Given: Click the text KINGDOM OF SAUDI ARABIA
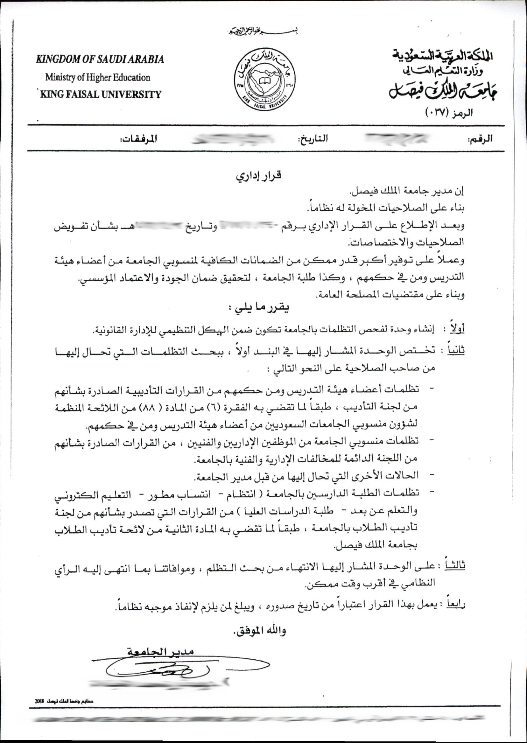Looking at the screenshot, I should click(x=100, y=60).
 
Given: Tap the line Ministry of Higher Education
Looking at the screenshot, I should click(x=98, y=78).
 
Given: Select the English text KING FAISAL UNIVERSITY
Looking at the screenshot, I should click(x=101, y=95).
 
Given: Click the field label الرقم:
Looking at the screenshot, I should click(x=480, y=139).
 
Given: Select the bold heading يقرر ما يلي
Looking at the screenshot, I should click(x=259, y=308).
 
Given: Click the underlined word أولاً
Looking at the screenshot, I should click(x=457, y=329).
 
